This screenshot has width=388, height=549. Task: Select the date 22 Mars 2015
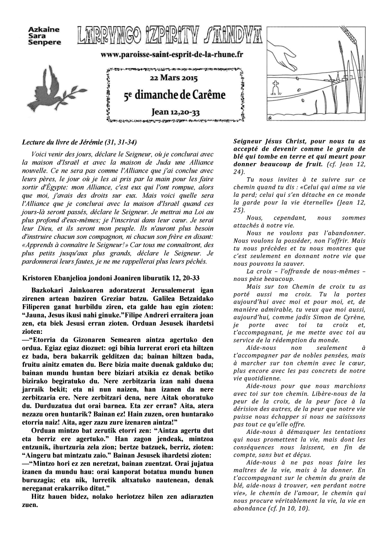[x=173, y=78]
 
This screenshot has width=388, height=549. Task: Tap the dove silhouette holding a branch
[x=48, y=88]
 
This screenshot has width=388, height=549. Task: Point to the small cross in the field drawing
[x=275, y=86]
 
